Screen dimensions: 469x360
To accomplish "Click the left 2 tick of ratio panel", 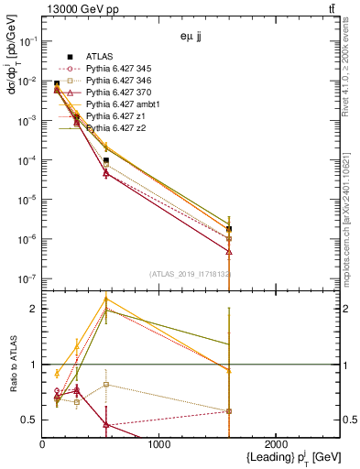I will (x=34, y=309).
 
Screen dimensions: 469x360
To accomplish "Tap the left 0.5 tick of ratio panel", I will (x=30, y=420).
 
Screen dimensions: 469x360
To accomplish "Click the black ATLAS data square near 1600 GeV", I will (x=228, y=229).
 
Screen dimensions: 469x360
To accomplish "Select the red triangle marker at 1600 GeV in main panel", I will (x=228, y=251).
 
